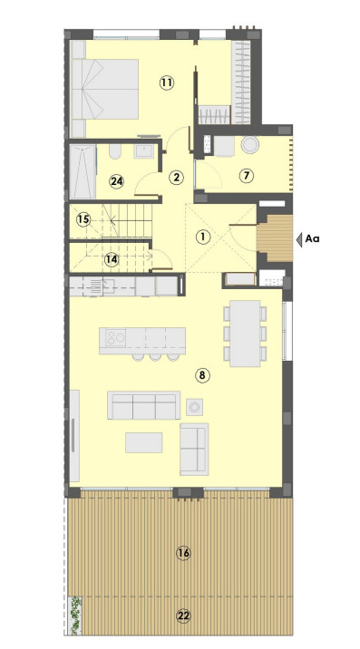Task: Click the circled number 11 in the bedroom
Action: [x=166, y=82]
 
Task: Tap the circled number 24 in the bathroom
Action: [x=117, y=181]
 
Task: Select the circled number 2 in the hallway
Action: [x=177, y=177]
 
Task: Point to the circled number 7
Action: [x=246, y=176]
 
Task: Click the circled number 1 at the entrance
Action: [x=202, y=237]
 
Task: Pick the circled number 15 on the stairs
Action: [x=83, y=219]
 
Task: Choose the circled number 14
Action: [x=112, y=259]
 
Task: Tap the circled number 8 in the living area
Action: [x=202, y=375]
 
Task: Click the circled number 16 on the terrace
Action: [x=183, y=553]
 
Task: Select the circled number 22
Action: [x=183, y=615]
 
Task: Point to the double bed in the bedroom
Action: [x=105, y=89]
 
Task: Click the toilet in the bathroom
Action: [x=115, y=151]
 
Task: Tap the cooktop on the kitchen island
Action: [x=115, y=338]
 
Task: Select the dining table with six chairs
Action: [x=245, y=334]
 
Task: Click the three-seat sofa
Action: [x=144, y=405]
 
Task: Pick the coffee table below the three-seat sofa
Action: [x=144, y=442]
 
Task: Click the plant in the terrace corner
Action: [x=75, y=615]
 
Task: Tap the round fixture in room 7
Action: [x=250, y=145]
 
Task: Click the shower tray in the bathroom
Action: [x=83, y=171]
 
